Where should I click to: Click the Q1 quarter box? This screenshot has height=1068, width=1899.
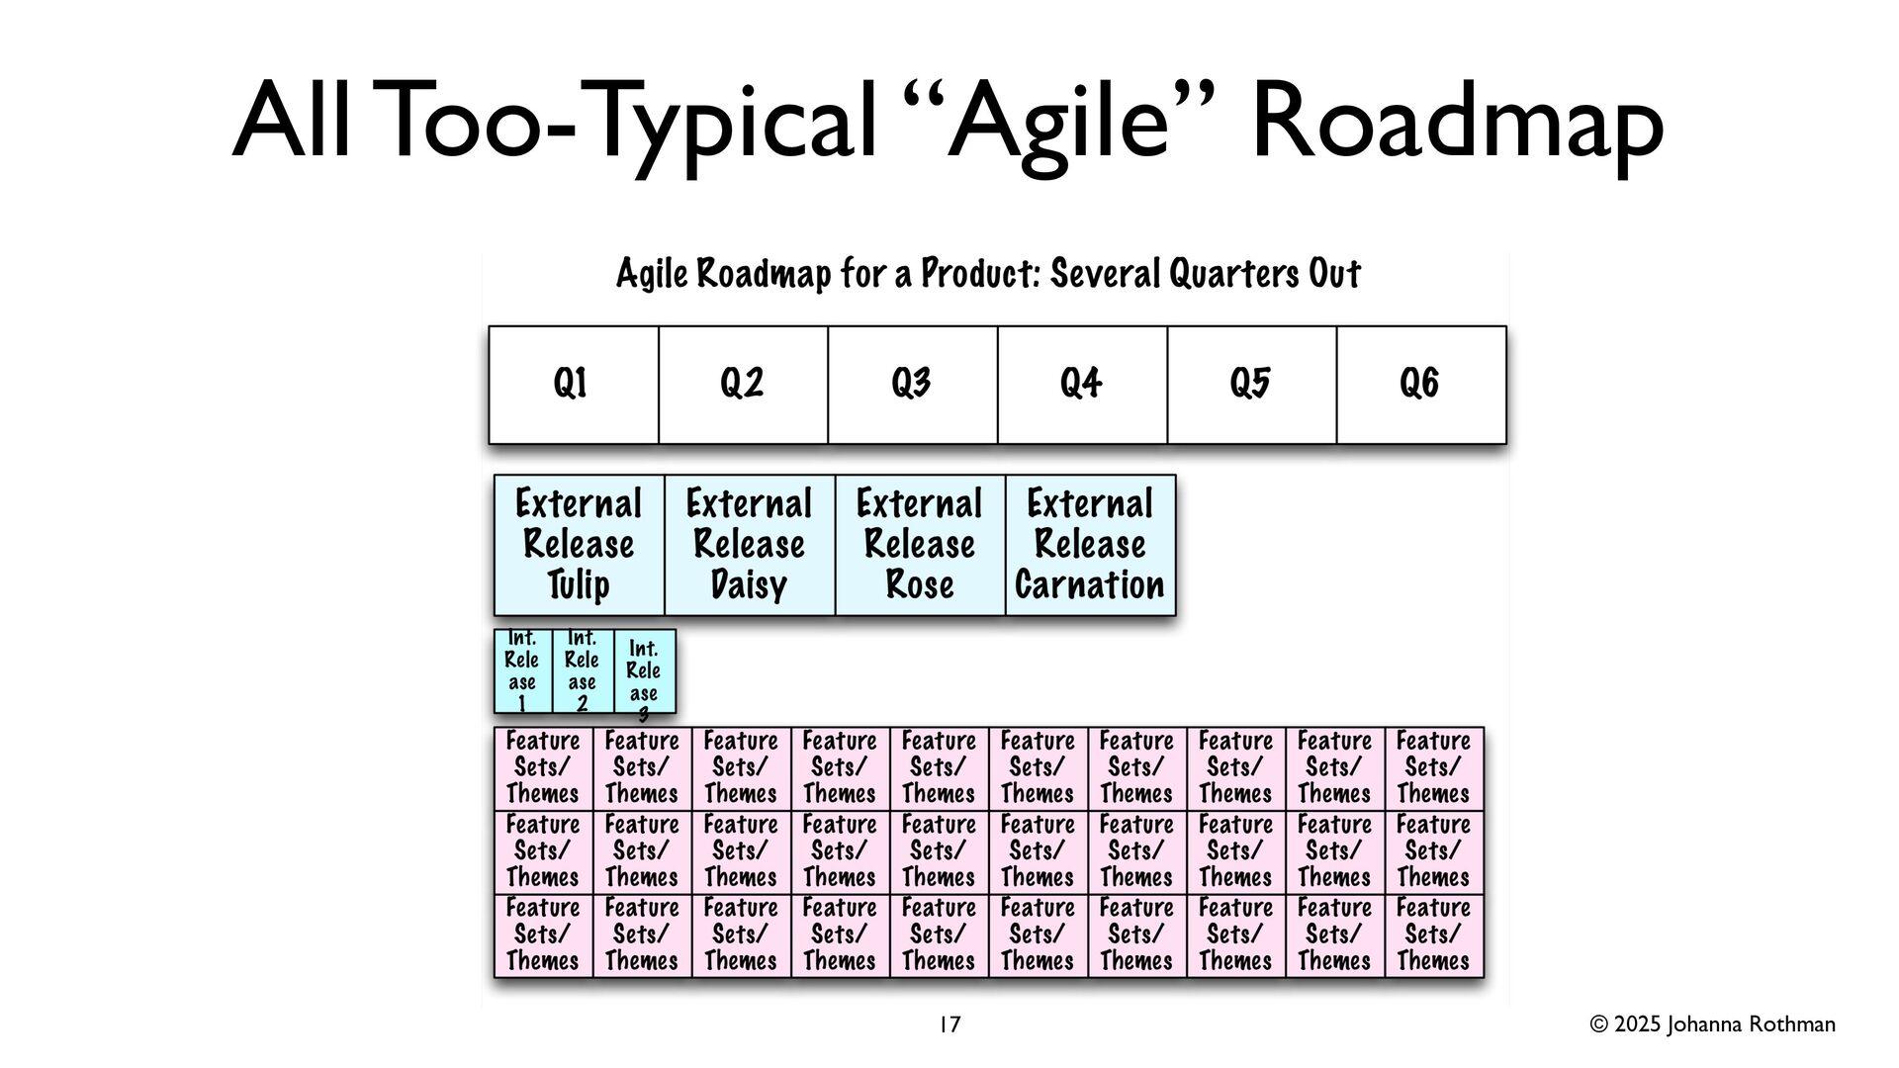click(574, 385)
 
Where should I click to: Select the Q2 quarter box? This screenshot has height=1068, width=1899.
click(743, 385)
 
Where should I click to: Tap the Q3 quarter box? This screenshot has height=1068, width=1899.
click(913, 385)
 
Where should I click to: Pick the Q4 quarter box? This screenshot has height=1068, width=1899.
click(1082, 385)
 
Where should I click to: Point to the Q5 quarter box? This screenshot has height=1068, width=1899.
click(1252, 385)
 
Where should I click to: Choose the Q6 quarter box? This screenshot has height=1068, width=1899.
click(1421, 385)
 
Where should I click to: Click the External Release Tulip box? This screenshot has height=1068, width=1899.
click(580, 545)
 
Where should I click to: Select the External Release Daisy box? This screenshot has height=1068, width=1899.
click(750, 545)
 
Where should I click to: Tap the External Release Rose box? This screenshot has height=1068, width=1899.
click(921, 545)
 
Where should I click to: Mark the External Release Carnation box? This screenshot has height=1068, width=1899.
click(1091, 545)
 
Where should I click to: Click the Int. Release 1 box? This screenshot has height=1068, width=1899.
click(523, 671)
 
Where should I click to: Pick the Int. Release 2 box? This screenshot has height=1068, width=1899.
click(584, 671)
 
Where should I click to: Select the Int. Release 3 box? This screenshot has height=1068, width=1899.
click(645, 671)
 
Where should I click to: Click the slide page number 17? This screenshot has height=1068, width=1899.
click(949, 1025)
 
